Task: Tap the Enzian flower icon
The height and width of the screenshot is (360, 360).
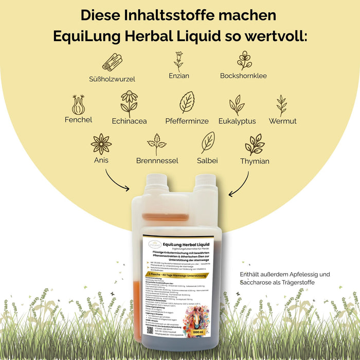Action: click(x=178, y=61)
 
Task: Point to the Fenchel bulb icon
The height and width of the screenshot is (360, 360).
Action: click(x=79, y=104)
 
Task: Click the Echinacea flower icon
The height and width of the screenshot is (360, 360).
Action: click(x=129, y=103)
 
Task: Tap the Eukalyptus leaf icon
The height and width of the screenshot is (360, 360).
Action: click(x=237, y=105)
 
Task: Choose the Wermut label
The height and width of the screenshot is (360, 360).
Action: click(x=282, y=121)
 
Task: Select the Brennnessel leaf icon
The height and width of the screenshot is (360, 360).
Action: click(x=157, y=144)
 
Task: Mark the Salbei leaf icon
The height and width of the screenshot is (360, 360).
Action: click(x=207, y=142)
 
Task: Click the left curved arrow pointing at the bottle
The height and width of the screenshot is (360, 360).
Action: click(x=117, y=180)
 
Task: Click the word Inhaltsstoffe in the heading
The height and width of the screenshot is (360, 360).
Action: click(x=180, y=15)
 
